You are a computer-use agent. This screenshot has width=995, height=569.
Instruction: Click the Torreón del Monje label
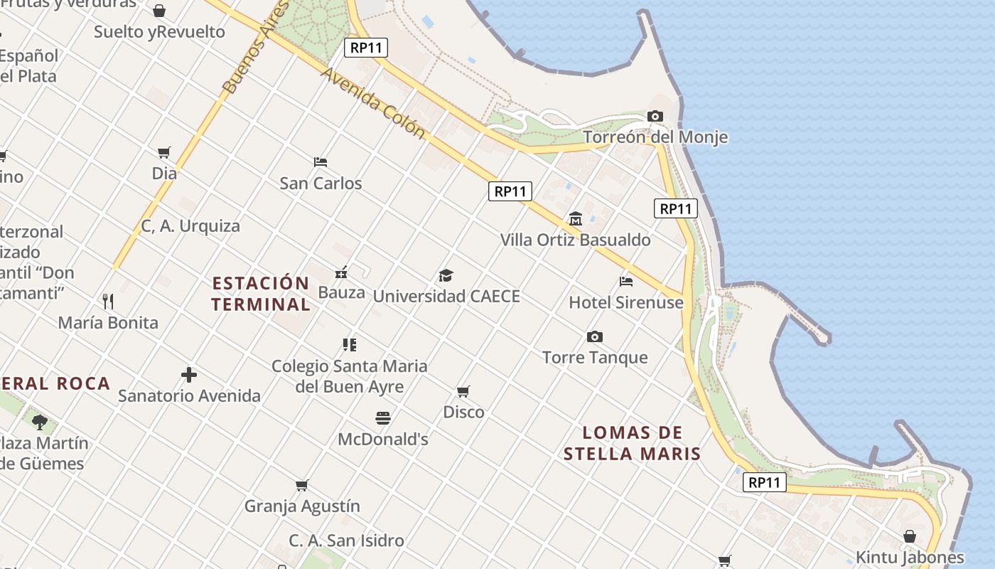(655, 137)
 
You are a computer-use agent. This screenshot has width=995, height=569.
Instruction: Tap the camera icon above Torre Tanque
(595, 336)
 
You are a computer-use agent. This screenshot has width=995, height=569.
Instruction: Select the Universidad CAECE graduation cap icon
(446, 275)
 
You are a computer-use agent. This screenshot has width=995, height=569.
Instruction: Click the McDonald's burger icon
(383, 418)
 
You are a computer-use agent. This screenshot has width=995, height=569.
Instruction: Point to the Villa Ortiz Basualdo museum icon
(576, 219)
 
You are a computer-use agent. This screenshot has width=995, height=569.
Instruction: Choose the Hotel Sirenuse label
(625, 302)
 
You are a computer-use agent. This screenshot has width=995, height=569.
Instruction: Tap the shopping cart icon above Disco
(463, 391)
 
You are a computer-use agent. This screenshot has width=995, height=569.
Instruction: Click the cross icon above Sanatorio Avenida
(189, 375)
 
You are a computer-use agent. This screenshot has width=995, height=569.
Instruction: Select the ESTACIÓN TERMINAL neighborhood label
(261, 294)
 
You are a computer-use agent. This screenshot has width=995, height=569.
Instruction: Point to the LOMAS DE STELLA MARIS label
(632, 443)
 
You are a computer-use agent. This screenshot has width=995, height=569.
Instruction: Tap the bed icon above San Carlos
(321, 162)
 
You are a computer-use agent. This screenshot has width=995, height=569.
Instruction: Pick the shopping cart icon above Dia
(164, 152)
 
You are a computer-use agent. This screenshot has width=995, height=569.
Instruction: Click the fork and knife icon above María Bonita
(108, 302)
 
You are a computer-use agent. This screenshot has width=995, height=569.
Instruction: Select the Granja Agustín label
(302, 506)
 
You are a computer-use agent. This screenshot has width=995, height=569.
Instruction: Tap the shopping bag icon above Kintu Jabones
(910, 536)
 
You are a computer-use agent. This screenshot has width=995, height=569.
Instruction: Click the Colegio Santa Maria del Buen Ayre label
(350, 376)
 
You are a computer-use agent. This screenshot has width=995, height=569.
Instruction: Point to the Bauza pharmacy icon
(341, 272)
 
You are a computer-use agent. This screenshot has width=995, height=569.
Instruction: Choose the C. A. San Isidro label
(346, 541)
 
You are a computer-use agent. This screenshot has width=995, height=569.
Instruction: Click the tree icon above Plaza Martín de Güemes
(40, 422)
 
